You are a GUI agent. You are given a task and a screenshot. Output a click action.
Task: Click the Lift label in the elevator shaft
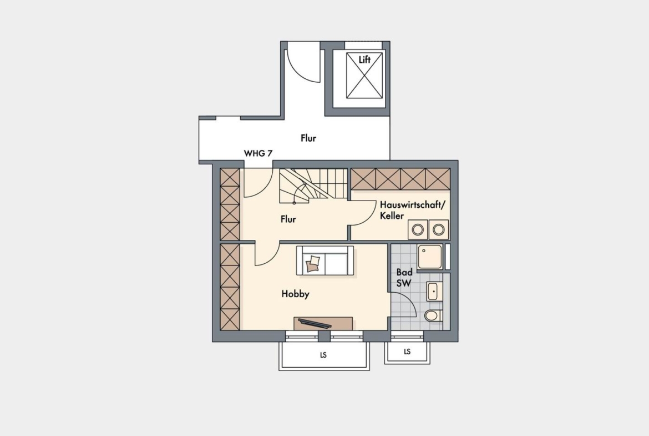(x=364, y=59)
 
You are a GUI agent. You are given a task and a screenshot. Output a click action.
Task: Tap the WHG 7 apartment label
(x=258, y=153)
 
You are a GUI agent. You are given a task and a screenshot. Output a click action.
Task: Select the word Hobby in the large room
(x=296, y=294)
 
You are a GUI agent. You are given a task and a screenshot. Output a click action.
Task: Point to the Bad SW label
(x=404, y=278)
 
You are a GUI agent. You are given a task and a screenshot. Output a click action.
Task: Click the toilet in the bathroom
(x=433, y=316)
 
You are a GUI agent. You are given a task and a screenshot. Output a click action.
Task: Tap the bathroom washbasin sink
(x=434, y=291)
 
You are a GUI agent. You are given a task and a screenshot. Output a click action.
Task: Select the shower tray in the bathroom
(x=430, y=257)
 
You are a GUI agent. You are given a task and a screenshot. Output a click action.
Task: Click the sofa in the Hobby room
(x=325, y=260)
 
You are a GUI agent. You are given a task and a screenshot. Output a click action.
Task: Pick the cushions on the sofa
(x=313, y=264)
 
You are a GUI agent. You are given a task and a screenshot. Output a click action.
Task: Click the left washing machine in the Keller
(x=418, y=229)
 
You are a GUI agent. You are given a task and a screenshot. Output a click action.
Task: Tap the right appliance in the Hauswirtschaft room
(x=439, y=229)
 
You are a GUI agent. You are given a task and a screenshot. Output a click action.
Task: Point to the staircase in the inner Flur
(x=313, y=186)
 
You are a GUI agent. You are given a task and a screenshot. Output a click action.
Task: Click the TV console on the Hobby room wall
(x=323, y=323)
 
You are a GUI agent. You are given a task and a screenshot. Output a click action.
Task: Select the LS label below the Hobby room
(x=323, y=355)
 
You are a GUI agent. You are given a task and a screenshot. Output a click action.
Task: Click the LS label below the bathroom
(x=407, y=352)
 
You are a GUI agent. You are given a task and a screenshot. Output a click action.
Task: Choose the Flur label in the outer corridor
(x=308, y=138)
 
